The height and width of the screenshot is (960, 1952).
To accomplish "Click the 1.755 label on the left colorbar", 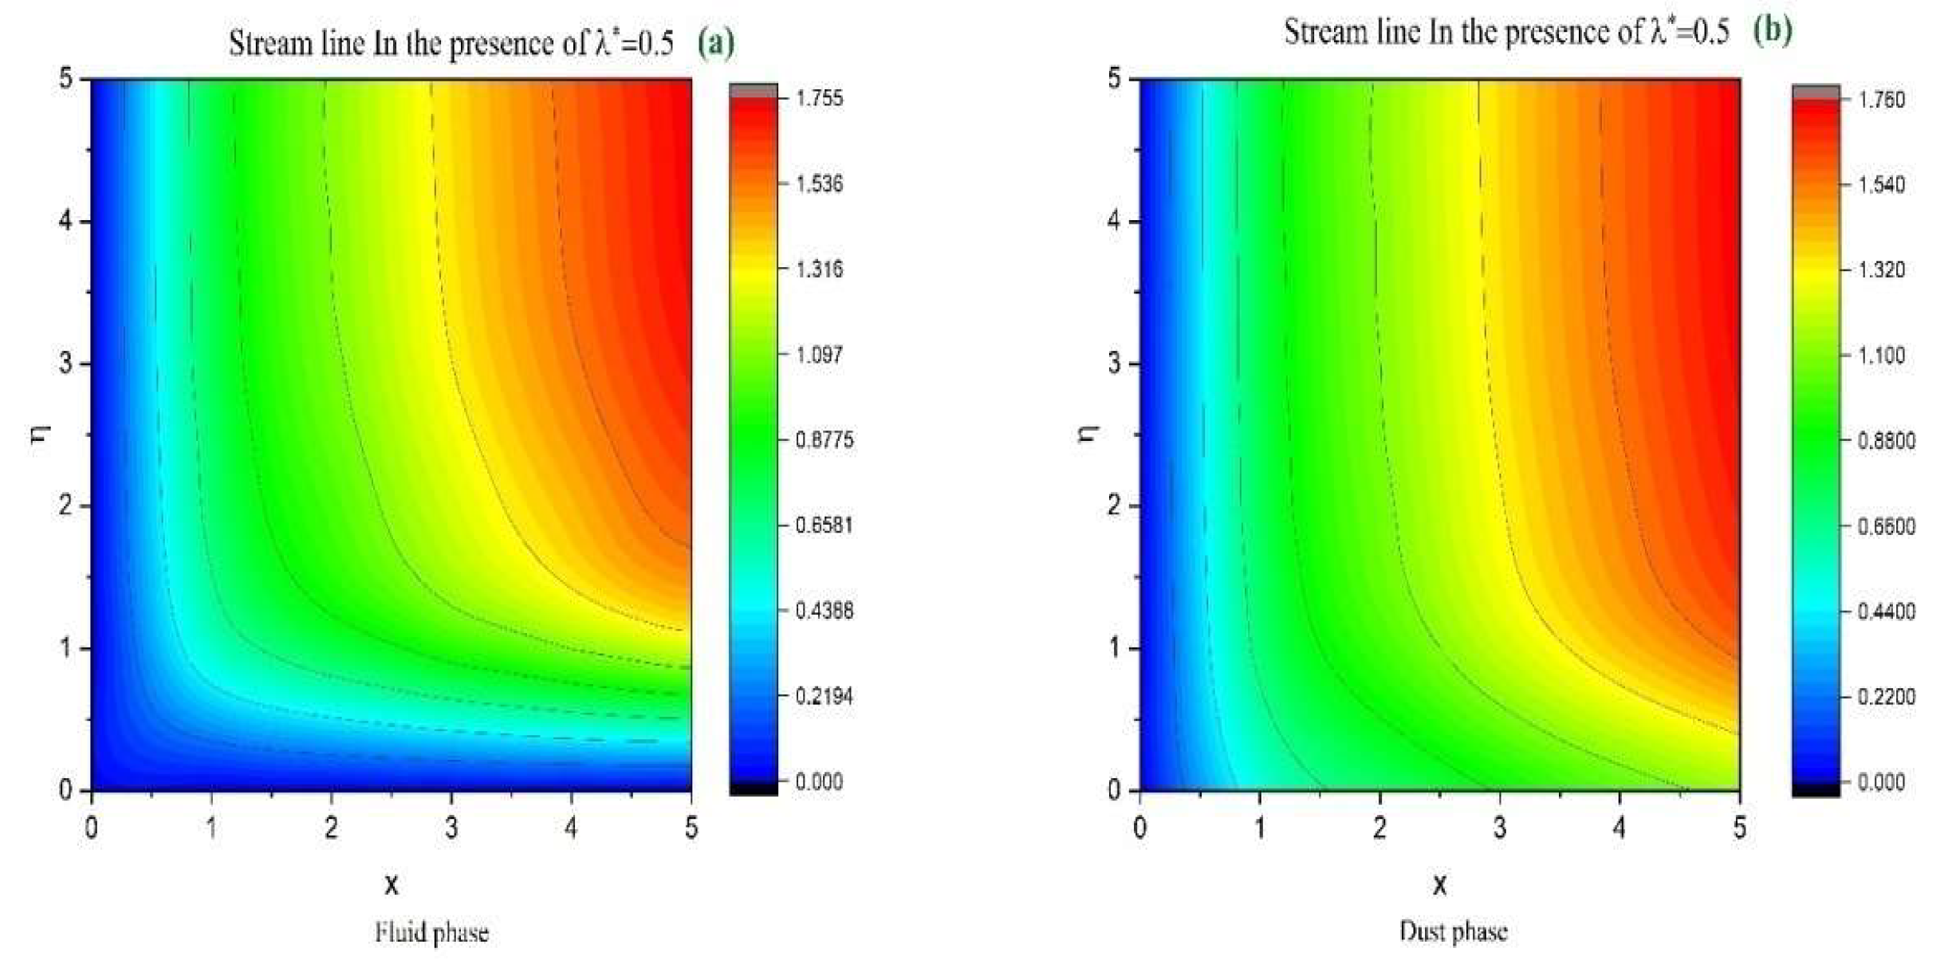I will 820,98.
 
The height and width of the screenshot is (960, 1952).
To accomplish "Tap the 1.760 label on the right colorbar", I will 1882,100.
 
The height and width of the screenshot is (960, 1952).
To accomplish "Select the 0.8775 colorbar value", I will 824,439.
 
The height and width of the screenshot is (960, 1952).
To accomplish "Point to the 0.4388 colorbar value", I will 824,611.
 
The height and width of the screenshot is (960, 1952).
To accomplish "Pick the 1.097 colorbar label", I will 820,354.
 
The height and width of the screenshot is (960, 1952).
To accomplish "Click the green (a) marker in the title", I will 715,42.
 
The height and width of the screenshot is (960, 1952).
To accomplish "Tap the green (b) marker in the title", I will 1772,30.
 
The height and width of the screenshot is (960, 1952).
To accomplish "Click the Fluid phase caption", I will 431,932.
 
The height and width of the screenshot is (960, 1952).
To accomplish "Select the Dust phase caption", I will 1453,931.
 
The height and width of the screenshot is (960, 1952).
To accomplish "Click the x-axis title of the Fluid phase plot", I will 392,883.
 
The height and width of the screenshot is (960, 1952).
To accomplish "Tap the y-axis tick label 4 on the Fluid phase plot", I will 65,221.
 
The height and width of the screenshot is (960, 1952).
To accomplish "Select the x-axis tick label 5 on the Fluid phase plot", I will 691,828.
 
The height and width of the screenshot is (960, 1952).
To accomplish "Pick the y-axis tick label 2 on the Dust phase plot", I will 1113,506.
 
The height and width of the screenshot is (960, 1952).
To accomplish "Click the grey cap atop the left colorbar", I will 753,90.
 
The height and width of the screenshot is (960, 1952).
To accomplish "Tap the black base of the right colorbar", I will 1816,789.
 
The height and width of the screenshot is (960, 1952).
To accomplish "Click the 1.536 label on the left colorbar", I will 820,183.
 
